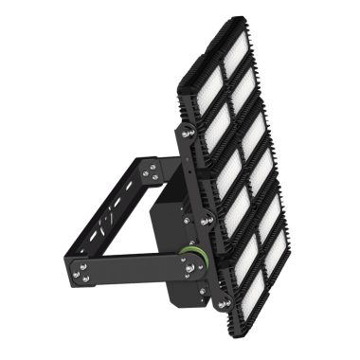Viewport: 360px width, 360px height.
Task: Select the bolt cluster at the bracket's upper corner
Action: (x=149, y=172)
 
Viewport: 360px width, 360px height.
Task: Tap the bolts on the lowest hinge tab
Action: (x=225, y=301)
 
